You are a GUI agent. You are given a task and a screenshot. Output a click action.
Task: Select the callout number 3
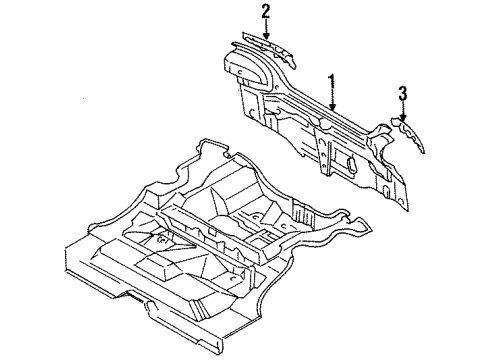coord(402,95)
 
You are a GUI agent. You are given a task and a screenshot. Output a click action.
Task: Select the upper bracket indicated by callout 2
coord(262,49)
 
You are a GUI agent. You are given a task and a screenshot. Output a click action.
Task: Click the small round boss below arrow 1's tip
coord(322,124)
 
